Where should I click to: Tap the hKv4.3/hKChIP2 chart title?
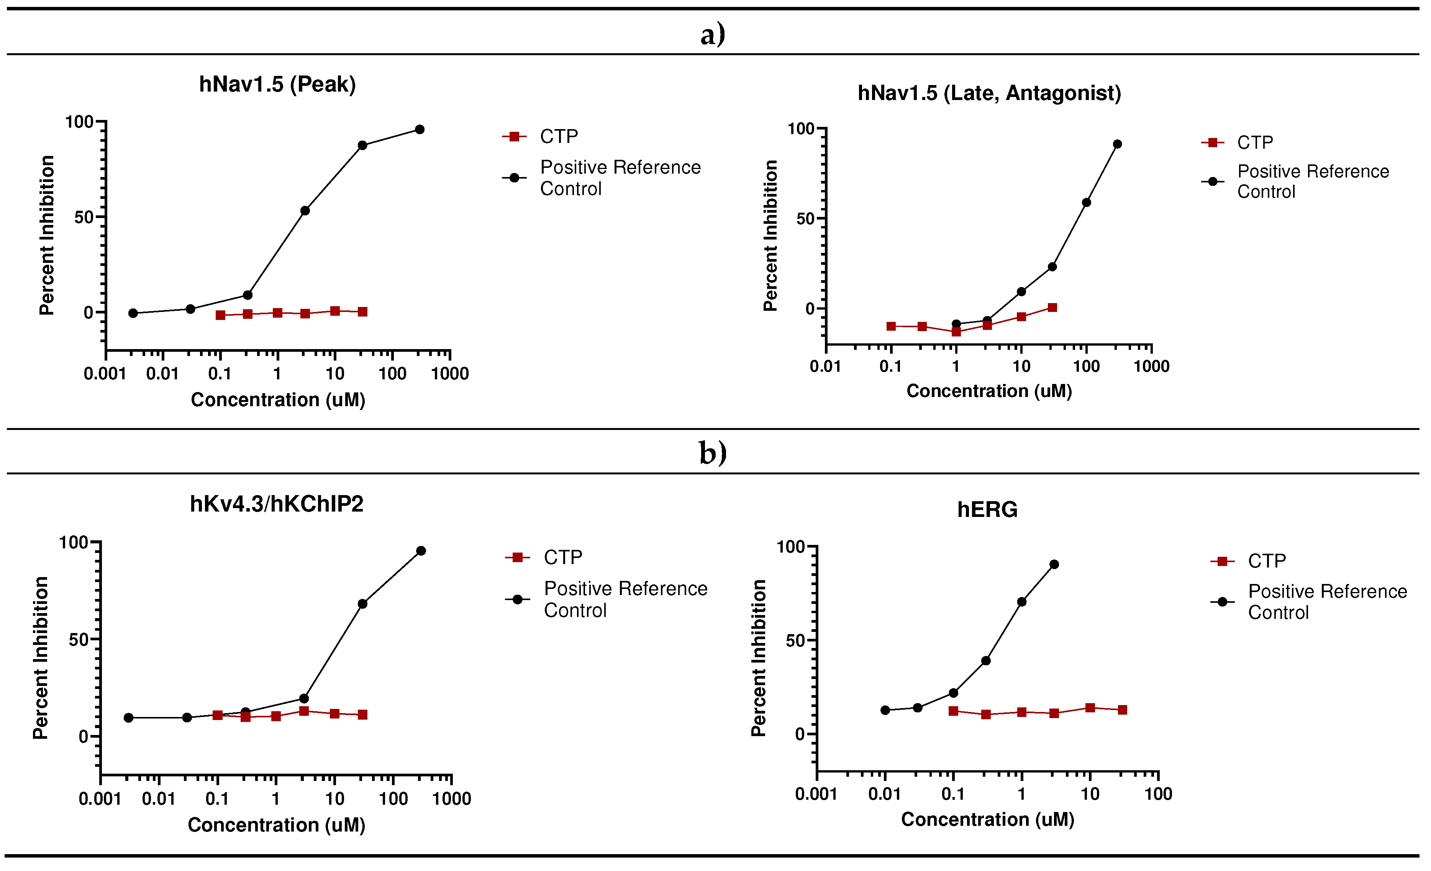pyautogui.click(x=277, y=504)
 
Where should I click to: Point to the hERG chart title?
pyautogui.click(x=987, y=510)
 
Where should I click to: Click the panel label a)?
pyautogui.click(x=713, y=34)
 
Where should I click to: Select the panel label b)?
pyautogui.click(x=713, y=453)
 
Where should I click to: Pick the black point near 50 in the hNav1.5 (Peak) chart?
pyautogui.click(x=305, y=211)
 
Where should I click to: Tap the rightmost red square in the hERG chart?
pyautogui.click(x=1123, y=710)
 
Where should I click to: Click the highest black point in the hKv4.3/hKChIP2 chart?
pyautogui.click(x=421, y=551)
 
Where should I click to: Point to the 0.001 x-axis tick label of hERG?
pyautogui.click(x=816, y=794)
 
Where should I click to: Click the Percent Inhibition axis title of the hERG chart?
pyautogui.click(x=759, y=658)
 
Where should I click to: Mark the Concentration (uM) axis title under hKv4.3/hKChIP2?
pyautogui.click(x=277, y=825)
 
